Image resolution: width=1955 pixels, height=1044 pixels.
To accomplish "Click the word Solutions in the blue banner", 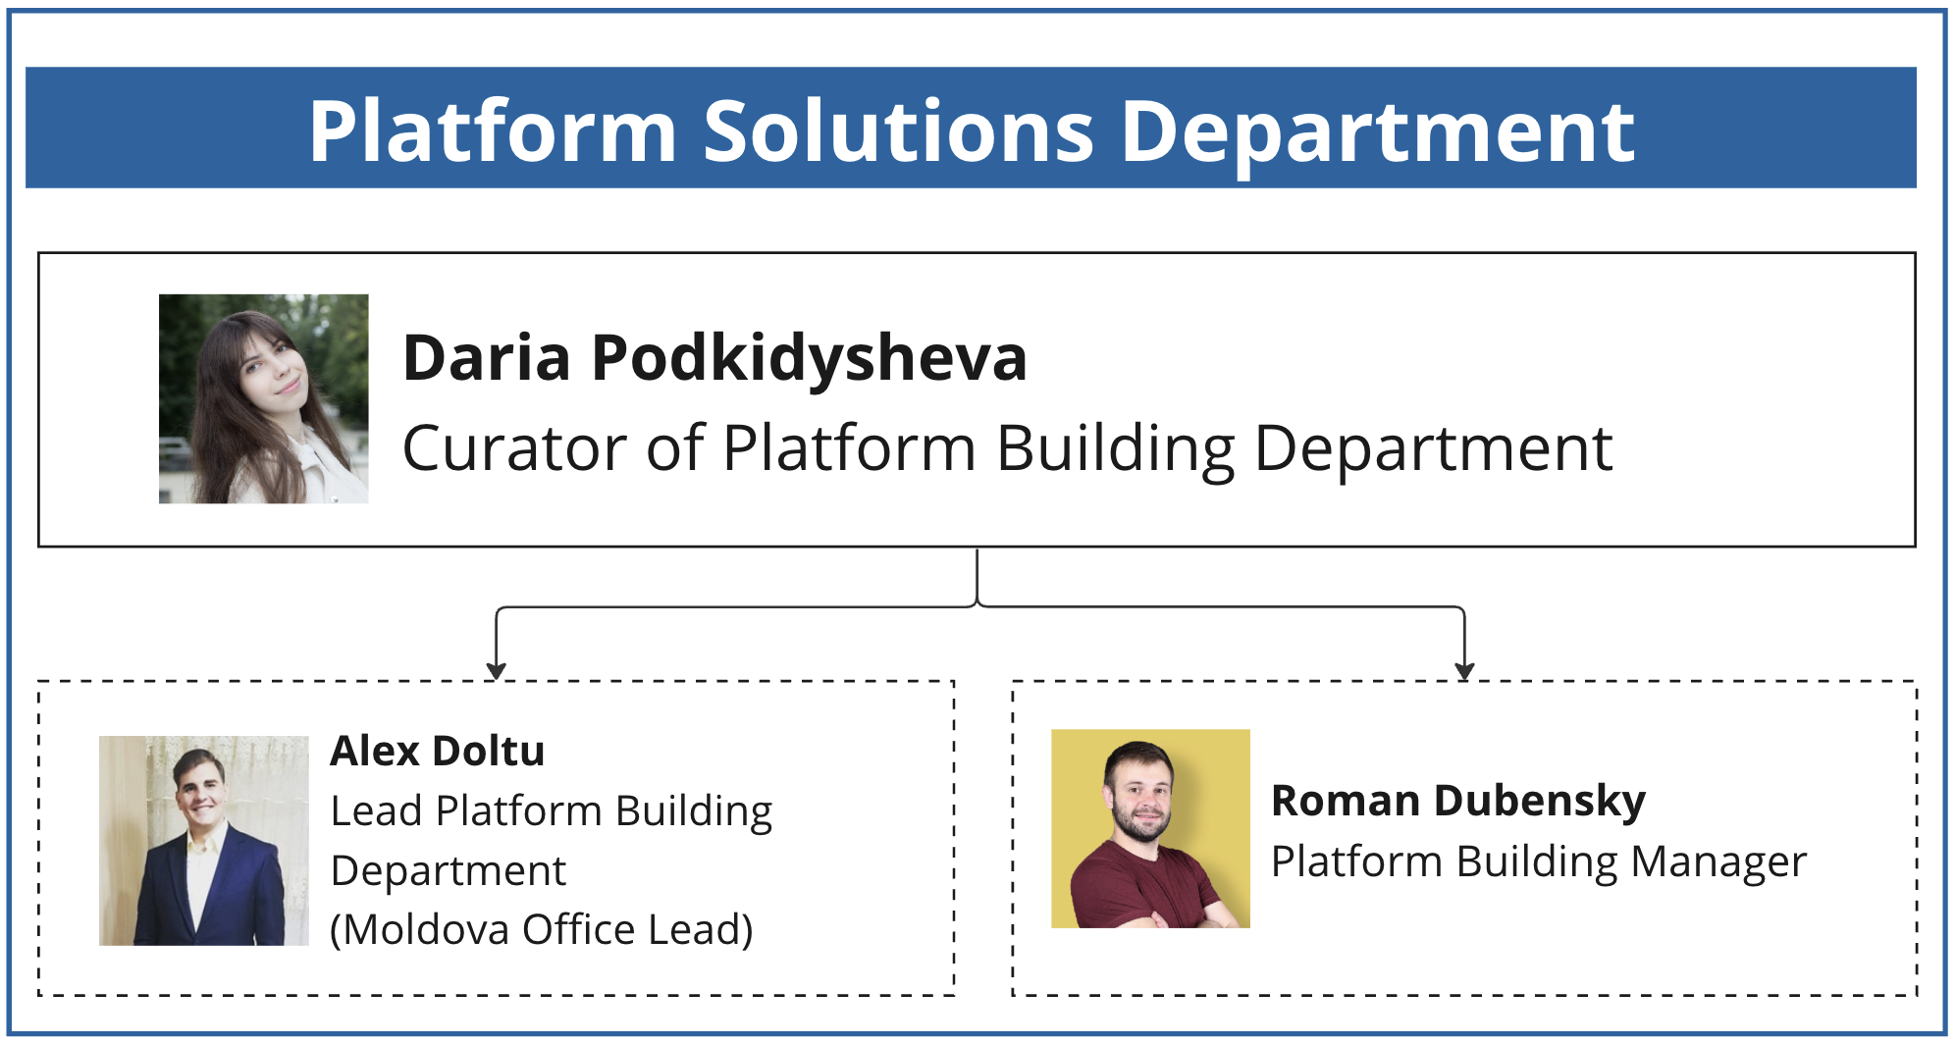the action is pos(898,130).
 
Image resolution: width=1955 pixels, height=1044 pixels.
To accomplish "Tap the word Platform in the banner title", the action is pos(493,130).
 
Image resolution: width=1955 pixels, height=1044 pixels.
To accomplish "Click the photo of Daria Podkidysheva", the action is pos(264,398).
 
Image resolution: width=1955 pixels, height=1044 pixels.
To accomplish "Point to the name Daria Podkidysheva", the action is pos(714,358).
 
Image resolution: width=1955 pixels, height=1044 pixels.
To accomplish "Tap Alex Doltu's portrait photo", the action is pos(204,840).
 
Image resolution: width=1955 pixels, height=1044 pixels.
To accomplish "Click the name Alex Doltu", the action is pos(438,751).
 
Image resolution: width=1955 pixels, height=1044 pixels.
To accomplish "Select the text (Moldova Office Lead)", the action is pos(542,929).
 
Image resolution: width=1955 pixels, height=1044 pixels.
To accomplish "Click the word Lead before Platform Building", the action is pos(377,811).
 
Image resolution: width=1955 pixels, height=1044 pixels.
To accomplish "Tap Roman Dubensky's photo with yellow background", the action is pos(1150,828).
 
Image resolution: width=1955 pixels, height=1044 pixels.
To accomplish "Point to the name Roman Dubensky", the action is pos(1458,802).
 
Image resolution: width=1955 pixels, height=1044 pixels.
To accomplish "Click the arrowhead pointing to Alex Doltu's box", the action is pos(497,671).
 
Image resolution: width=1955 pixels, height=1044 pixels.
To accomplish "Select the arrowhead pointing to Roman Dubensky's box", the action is pos(1464,671).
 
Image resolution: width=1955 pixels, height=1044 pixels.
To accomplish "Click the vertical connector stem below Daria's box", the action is pos(977,576).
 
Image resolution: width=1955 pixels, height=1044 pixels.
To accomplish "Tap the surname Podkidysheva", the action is pos(810,358).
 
